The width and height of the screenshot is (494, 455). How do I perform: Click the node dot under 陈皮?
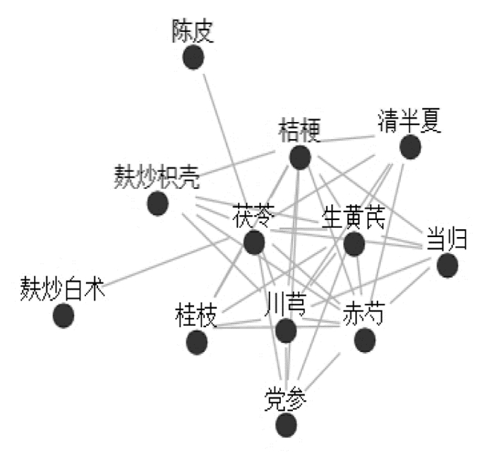click(193, 57)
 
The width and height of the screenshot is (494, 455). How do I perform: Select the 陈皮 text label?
click(193, 31)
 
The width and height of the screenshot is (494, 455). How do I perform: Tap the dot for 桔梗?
click(300, 157)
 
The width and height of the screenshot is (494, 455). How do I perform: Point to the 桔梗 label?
click(300, 131)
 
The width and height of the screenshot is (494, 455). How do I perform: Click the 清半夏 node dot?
click(410, 147)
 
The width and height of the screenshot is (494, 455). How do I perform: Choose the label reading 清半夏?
click(409, 121)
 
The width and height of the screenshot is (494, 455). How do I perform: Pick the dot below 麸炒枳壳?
click(157, 203)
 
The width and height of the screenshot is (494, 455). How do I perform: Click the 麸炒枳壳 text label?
click(157, 177)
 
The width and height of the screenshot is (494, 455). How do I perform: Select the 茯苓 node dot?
click(254, 243)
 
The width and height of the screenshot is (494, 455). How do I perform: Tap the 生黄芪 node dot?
click(354, 244)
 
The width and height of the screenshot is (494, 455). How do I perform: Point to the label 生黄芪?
click(354, 217)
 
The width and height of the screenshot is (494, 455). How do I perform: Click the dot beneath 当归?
click(447, 265)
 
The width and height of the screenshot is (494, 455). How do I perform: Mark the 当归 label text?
click(447, 239)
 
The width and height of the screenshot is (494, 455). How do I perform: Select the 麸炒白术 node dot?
click(64, 315)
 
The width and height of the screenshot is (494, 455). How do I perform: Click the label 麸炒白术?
click(62, 289)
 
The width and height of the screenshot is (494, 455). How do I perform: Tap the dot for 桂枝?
click(197, 342)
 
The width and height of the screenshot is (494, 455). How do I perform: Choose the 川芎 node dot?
click(286, 331)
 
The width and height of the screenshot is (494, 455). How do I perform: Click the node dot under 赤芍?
click(365, 341)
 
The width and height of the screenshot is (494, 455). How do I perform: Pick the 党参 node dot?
click(286, 425)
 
